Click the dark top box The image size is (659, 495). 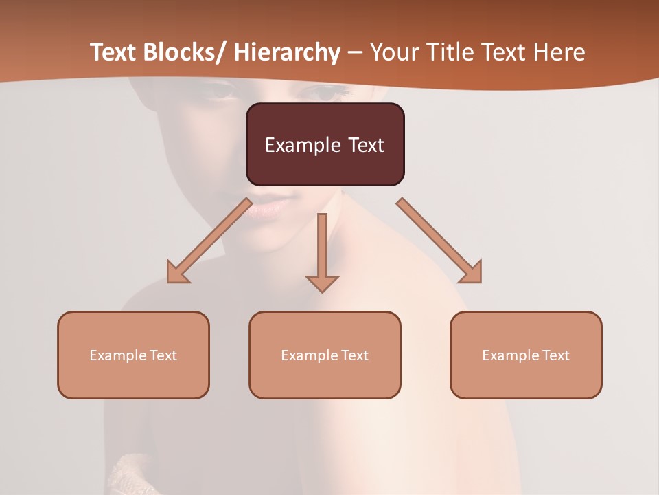click(x=325, y=144)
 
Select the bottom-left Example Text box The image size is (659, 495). click(x=133, y=355)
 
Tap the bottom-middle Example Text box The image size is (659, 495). click(x=325, y=355)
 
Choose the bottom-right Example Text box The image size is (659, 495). click(x=526, y=355)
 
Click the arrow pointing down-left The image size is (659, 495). click(x=209, y=241)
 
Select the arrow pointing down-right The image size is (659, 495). click(x=439, y=241)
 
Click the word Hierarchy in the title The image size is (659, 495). click(x=286, y=52)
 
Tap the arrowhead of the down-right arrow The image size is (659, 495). click(x=472, y=273)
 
